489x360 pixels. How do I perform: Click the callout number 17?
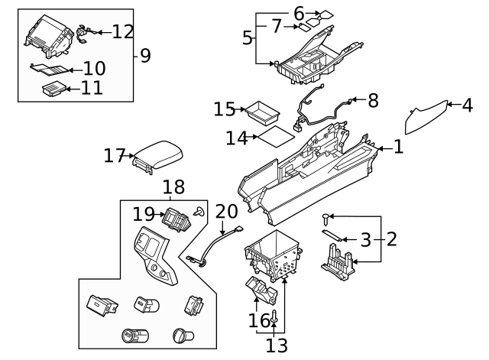[x=115, y=156]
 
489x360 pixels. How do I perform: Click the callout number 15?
[x=224, y=110]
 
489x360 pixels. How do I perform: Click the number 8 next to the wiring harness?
[x=373, y=99]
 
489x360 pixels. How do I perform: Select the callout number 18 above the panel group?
[x=173, y=187]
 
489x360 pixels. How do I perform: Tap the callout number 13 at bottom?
[x=277, y=345]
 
